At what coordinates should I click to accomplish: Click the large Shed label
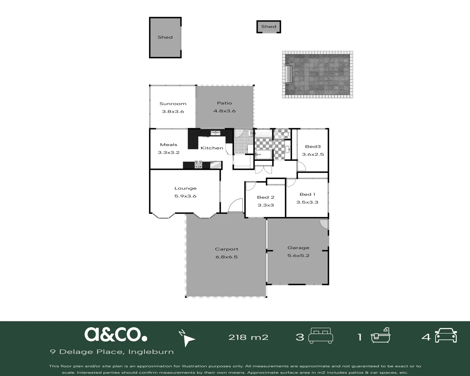165,37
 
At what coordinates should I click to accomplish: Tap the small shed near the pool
268,26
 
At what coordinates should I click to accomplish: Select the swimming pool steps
289,74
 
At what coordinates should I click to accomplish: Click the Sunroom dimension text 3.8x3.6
173,112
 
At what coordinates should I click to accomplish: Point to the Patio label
224,103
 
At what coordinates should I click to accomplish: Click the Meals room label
169,145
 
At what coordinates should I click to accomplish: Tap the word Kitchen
212,148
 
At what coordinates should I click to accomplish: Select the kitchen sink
215,133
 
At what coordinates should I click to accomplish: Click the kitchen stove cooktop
198,165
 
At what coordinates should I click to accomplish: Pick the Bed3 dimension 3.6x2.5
313,155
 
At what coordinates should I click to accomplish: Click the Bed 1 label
307,195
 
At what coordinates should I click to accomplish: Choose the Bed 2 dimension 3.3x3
266,205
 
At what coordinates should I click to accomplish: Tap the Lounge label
185,188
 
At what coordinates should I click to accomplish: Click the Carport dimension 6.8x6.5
226,257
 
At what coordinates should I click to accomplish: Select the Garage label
298,248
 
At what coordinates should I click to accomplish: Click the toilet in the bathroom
285,134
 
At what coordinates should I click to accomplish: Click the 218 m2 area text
248,337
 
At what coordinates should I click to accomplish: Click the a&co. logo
116,334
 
